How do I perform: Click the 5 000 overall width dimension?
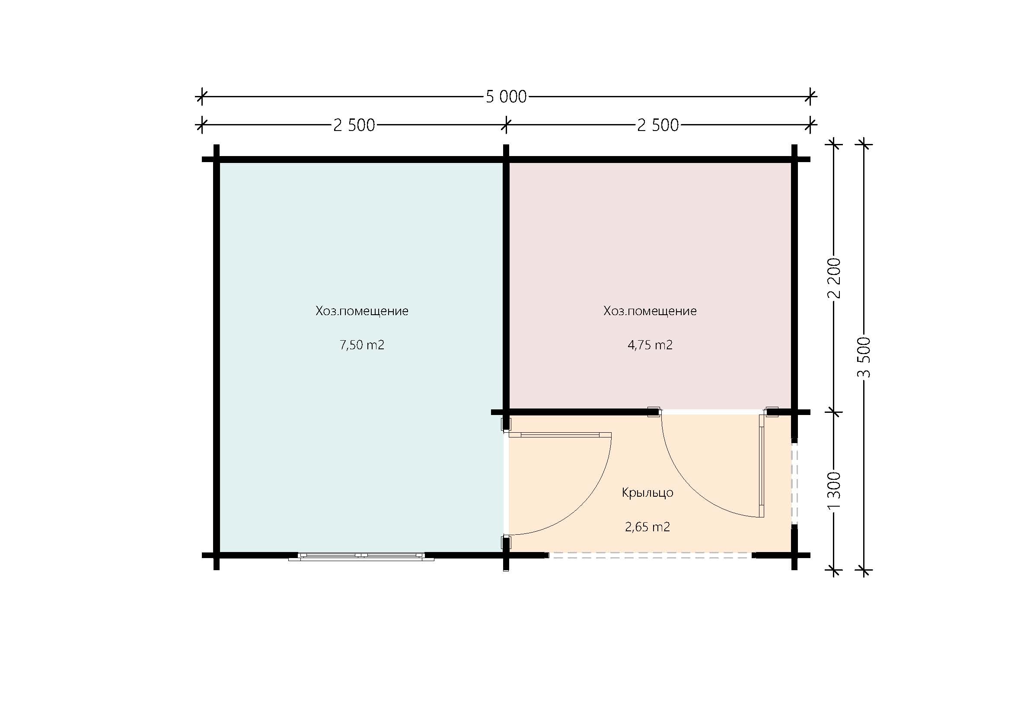click(x=506, y=96)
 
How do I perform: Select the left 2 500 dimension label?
click(x=354, y=125)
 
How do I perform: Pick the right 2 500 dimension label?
click(x=658, y=125)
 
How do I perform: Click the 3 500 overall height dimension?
click(x=864, y=357)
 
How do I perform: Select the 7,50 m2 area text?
click(x=362, y=345)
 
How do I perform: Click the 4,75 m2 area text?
click(x=650, y=345)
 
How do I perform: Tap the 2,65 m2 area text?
click(x=647, y=527)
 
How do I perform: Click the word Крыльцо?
click(x=647, y=493)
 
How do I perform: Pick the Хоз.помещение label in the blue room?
click(x=362, y=311)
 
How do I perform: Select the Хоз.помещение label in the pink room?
click(x=650, y=311)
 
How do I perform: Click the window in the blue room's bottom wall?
click(x=361, y=556)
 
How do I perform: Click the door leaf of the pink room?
click(x=762, y=466)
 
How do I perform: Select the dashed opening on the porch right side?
click(x=794, y=483)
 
